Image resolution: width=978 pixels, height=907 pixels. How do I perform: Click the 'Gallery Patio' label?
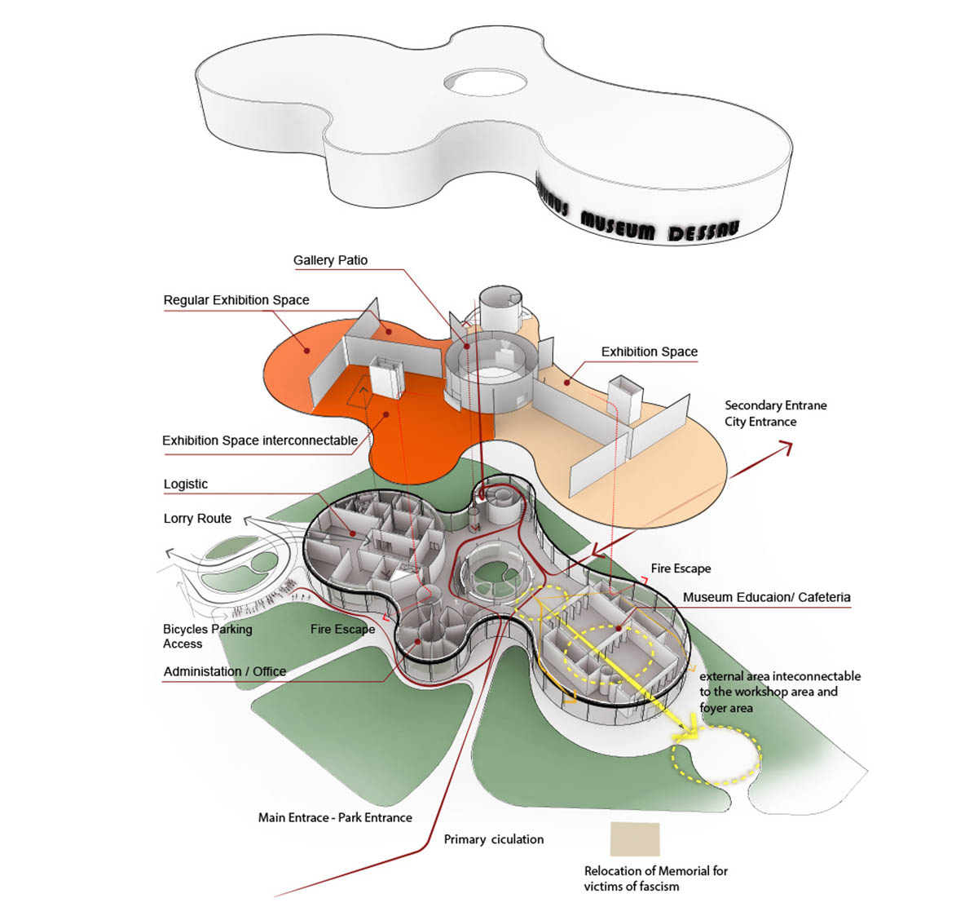[330, 260]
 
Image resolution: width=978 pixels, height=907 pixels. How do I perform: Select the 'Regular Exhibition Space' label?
[236, 300]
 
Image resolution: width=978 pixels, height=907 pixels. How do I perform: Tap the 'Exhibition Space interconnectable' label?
[260, 440]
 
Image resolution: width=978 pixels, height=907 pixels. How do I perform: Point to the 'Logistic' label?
[186, 484]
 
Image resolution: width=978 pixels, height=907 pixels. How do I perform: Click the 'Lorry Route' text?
[197, 519]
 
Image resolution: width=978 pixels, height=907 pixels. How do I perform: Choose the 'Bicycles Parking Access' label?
[207, 636]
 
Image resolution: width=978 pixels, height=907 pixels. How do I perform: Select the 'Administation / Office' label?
[225, 671]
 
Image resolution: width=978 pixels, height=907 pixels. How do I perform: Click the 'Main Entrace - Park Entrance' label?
[335, 817]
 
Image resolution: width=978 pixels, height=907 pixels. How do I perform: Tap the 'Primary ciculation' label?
[494, 839]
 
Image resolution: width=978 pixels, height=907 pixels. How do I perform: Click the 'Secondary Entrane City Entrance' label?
[775, 414]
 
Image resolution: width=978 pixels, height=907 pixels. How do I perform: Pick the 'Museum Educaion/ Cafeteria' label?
[766, 597]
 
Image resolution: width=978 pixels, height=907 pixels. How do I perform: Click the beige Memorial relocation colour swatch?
[635, 838]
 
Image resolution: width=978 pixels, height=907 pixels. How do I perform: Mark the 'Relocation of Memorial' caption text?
[656, 878]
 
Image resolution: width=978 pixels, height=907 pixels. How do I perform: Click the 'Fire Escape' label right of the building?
[681, 569]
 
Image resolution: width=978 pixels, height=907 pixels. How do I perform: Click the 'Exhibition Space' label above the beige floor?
[650, 352]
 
